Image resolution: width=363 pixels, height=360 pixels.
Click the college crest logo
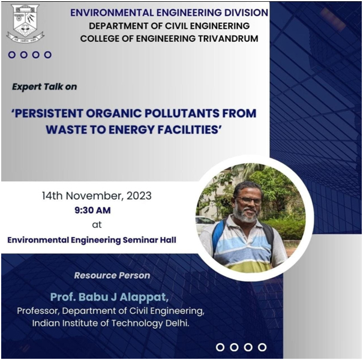pyautogui.click(x=25, y=23)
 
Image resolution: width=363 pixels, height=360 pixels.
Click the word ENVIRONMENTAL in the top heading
pyautogui.click(x=112, y=13)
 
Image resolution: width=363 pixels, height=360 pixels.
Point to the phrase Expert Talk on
pyautogui.click(x=44, y=86)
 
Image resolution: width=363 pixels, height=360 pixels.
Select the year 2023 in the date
pyautogui.click(x=139, y=196)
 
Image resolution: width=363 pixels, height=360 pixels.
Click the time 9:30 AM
pyautogui.click(x=92, y=210)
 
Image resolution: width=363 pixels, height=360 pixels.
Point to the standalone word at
pyautogui.click(x=97, y=224)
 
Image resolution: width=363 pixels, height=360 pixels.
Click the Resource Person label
pyautogui.click(x=112, y=275)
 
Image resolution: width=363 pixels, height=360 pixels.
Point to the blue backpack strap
pyautogui.click(x=217, y=236)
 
